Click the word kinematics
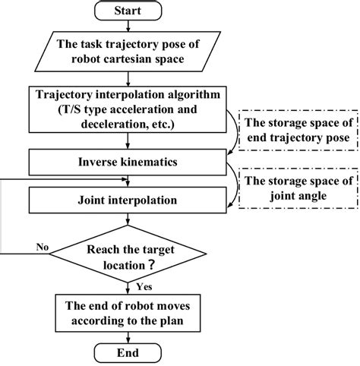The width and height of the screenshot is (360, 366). pyautogui.click(x=153, y=161)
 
